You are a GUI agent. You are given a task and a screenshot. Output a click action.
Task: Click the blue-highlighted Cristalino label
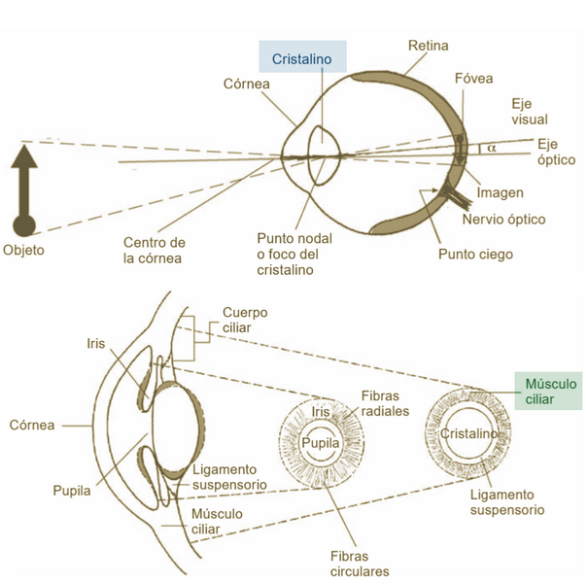click(x=302, y=59)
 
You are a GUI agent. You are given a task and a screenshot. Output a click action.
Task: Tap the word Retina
click(x=428, y=46)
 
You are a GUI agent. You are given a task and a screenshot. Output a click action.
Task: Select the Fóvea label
click(x=473, y=79)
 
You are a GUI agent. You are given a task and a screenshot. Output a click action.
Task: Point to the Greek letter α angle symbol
click(x=491, y=148)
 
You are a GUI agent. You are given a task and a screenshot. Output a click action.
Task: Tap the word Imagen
click(x=499, y=192)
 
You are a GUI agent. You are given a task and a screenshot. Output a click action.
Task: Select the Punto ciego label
click(x=473, y=255)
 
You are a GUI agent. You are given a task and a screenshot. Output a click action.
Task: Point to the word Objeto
click(x=23, y=250)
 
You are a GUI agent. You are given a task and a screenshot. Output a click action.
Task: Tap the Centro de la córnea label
click(x=153, y=250)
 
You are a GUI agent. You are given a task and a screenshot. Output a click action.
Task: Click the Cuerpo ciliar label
click(x=245, y=321)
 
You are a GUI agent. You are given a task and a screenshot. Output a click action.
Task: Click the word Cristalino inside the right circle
click(x=468, y=432)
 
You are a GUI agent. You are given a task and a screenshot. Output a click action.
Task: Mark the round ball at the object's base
click(x=23, y=225)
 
